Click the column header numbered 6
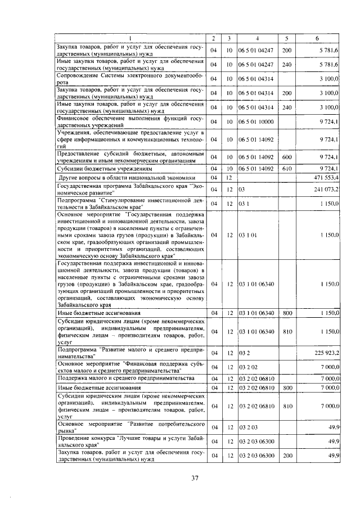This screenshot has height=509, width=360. point(318,38)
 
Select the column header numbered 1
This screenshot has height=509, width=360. point(130,38)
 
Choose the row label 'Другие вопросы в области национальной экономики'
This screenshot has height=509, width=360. point(127,177)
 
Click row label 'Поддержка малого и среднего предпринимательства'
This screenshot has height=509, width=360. point(118,379)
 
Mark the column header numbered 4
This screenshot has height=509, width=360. point(256,38)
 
